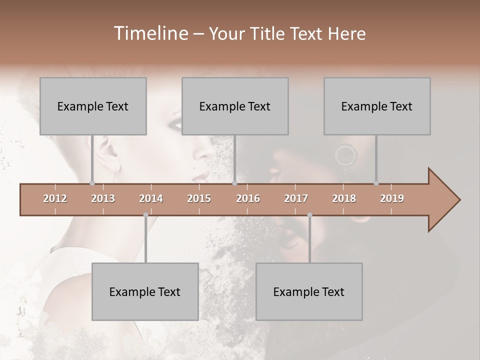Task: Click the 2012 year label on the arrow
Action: coord(55,198)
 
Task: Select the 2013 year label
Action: coord(103,198)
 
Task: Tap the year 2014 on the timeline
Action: coord(151,198)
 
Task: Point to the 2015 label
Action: coord(199,198)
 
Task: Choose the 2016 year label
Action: coord(248,198)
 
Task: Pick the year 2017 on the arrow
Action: coord(296,198)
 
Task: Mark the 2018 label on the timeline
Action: coord(344,198)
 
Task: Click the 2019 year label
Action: coord(392,198)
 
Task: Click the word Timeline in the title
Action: coord(149,33)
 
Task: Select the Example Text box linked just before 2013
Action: coord(93,106)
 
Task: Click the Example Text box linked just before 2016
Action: coord(235,106)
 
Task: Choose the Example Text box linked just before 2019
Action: coord(377,106)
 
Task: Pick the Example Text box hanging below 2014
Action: coord(145,291)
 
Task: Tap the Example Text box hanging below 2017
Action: coord(309,291)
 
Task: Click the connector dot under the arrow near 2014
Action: coord(145,215)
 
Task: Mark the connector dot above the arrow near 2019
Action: coord(376,183)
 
